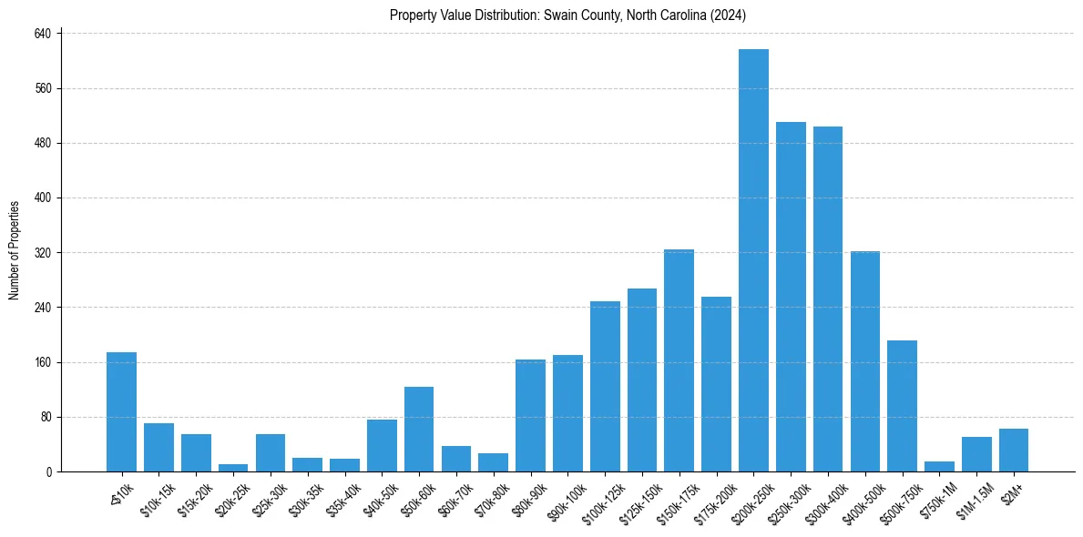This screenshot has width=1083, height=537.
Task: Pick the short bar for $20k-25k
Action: tap(233, 468)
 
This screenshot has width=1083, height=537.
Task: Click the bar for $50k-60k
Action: tap(419, 429)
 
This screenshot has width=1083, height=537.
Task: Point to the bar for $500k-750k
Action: tap(902, 406)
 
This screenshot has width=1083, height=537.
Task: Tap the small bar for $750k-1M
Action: tap(939, 466)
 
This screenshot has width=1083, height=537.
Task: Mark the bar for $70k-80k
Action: tap(493, 462)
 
